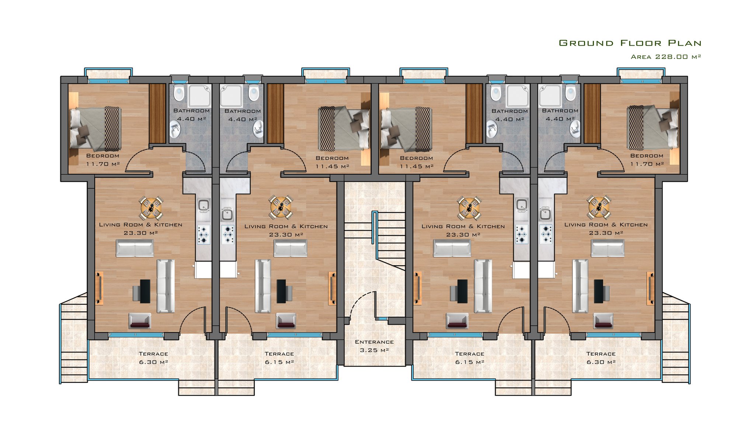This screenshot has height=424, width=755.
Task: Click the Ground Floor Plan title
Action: tap(630, 43)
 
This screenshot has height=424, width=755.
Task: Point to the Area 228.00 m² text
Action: tap(666, 57)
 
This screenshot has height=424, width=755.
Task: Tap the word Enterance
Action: tap(374, 342)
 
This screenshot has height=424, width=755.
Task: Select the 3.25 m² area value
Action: tap(374, 350)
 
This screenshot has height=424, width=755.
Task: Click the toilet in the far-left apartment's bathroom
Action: tap(179, 92)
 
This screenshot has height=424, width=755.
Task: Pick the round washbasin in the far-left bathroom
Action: tap(175, 129)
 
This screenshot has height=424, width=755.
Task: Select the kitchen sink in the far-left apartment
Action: tap(203, 206)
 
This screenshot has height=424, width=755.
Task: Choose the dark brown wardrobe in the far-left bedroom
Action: tap(157, 113)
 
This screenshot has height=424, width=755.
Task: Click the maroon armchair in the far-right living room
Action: tap(603, 321)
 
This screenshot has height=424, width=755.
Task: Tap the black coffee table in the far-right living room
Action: tap(598, 291)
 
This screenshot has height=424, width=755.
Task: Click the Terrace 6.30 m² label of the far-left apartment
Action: tap(153, 358)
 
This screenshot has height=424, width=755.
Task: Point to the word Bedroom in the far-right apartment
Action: tap(647, 156)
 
